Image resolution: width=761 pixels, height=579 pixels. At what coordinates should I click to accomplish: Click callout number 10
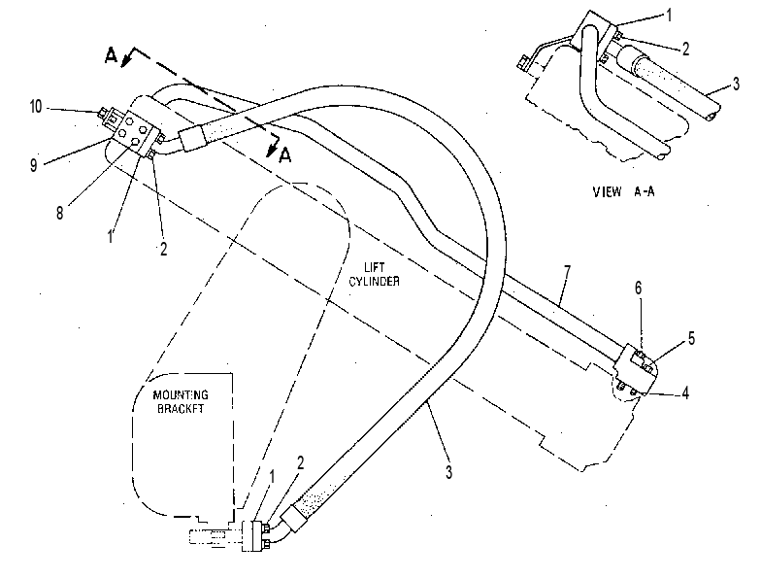[36, 107]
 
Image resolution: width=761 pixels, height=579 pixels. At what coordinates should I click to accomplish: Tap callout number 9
[33, 165]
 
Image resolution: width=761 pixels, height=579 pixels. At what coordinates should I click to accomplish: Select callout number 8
[60, 213]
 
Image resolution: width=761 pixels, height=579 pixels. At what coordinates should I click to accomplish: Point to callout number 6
[639, 289]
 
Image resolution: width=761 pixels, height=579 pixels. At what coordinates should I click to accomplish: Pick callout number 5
[691, 338]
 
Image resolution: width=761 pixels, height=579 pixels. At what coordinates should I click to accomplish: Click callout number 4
[685, 392]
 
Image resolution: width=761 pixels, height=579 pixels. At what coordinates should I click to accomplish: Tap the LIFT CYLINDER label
[375, 274]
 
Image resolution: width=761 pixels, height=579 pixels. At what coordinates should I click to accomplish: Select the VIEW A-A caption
[623, 191]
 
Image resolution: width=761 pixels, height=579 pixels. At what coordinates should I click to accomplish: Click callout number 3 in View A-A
[736, 84]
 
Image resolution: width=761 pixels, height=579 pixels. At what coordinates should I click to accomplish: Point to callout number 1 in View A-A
[670, 16]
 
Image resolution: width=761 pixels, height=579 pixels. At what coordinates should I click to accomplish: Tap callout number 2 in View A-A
[685, 49]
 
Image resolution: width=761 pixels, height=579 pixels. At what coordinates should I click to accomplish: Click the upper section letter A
[111, 56]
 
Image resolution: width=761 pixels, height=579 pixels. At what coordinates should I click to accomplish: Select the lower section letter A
[285, 155]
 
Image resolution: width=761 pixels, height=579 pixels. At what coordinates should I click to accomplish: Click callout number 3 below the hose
[448, 472]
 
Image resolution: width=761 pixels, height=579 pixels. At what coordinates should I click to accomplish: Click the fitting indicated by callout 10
[109, 117]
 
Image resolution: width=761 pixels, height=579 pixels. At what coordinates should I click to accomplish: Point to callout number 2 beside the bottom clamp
[301, 462]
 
